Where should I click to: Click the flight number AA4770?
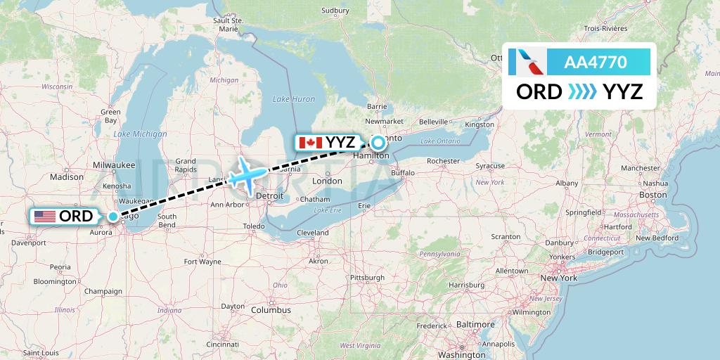pyautogui.click(x=596, y=63)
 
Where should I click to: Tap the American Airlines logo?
pyautogui.click(x=531, y=63)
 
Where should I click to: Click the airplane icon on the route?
pyautogui.click(x=247, y=173)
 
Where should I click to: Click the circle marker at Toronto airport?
pyautogui.click(x=378, y=143)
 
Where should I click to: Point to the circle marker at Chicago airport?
pyautogui.click(x=113, y=217)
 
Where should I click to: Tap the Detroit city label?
pyautogui.click(x=271, y=195)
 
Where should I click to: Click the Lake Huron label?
pyautogui.click(x=294, y=99)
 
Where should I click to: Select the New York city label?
pyautogui.click(x=558, y=278)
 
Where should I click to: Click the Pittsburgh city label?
pyautogui.click(x=366, y=278)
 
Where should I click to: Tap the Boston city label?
pyautogui.click(x=653, y=195)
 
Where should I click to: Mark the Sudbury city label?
pyautogui.click(x=335, y=11)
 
